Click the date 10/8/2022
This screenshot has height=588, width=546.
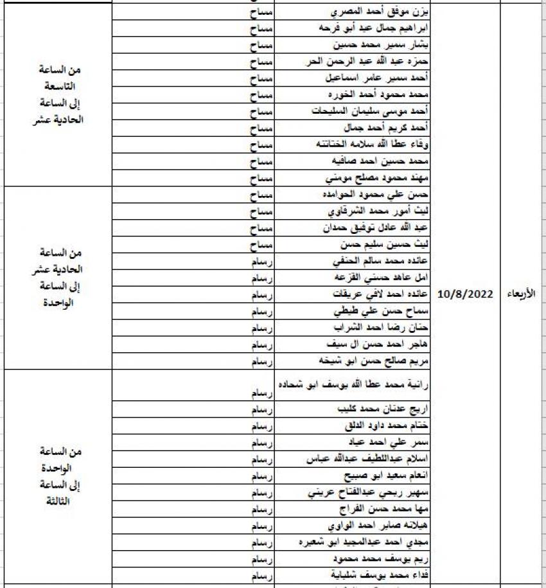click(x=465, y=294)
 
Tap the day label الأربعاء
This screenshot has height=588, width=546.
click(x=521, y=294)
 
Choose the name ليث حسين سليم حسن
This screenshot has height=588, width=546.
click(x=384, y=245)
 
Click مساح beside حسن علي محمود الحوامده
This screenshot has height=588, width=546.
click(x=261, y=193)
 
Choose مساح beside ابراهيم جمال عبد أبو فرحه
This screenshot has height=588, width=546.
click(x=261, y=29)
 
